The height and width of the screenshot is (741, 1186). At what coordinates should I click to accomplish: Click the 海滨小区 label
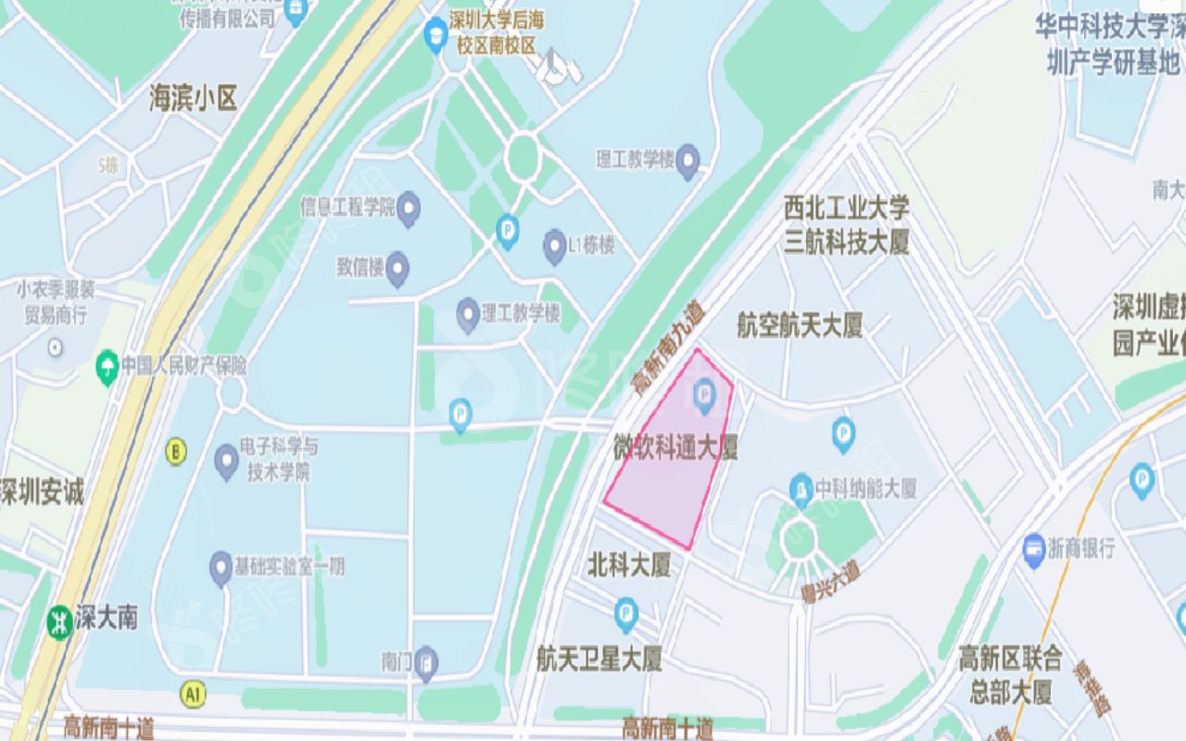point(194,98)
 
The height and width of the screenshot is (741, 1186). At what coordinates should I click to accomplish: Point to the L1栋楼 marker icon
point(555,246)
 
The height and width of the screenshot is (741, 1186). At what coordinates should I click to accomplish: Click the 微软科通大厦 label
point(675,448)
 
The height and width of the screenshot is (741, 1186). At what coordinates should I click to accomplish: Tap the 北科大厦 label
point(629,565)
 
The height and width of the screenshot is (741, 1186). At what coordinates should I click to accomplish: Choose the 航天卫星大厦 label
point(599,659)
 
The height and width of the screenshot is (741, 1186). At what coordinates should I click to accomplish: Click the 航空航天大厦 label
point(800,325)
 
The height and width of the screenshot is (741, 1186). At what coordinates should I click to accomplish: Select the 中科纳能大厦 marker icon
point(801,489)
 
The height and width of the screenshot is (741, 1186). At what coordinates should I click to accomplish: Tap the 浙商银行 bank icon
point(1035,549)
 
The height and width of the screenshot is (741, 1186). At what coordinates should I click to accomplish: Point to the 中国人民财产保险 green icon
point(107,367)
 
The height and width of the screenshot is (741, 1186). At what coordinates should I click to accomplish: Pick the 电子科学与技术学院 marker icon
point(226,460)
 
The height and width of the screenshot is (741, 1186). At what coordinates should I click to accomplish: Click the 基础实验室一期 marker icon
point(221,567)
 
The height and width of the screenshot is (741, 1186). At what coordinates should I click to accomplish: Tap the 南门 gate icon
point(425,662)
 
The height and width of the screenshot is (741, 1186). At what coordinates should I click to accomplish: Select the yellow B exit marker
point(176,451)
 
